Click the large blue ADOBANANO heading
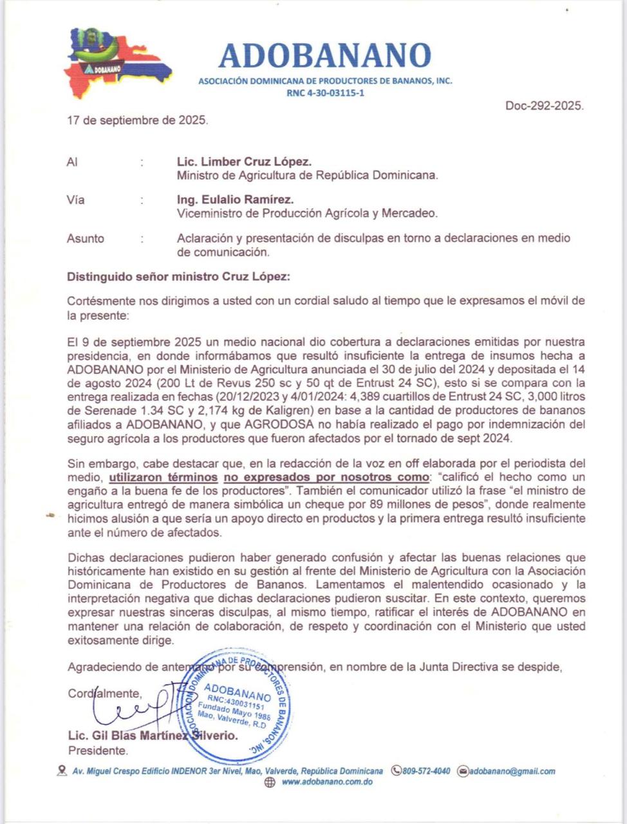[x=324, y=56]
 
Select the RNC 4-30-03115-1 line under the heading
[x=325, y=93]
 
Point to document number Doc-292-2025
[x=545, y=106]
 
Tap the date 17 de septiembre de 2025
[x=137, y=120]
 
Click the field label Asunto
[x=85, y=239]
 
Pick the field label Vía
[x=75, y=200]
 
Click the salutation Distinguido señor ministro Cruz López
[x=178, y=277]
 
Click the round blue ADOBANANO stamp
[x=239, y=704]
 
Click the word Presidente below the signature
[x=98, y=751]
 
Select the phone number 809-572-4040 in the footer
[x=426, y=771]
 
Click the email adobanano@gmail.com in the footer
[x=512, y=771]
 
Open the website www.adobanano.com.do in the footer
[x=327, y=783]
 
